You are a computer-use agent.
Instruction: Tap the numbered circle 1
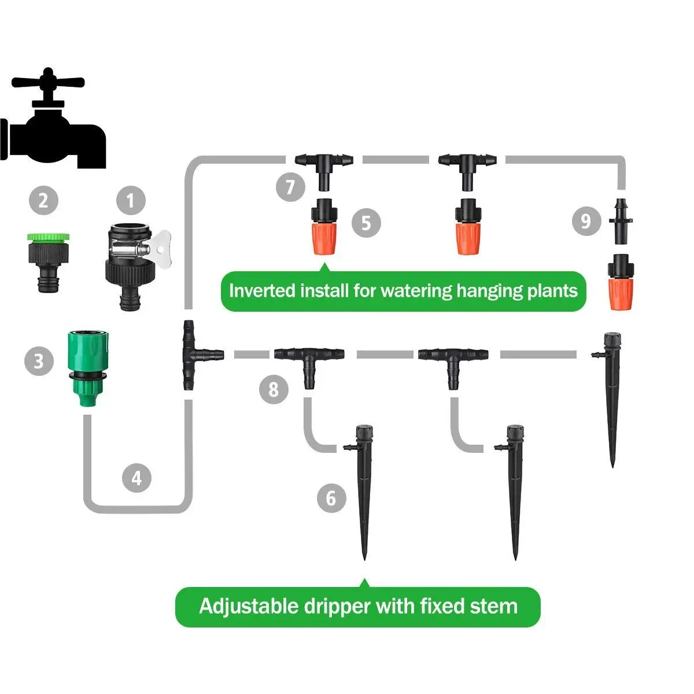tap(131, 201)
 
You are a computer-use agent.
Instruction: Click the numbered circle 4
tap(136, 478)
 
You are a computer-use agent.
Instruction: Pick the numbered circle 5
tap(366, 222)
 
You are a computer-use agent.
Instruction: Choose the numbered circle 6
tap(331, 497)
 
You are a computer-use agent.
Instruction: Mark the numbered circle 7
tap(290, 187)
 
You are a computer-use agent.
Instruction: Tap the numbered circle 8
tap(274, 389)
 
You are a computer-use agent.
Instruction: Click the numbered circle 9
tap(586, 221)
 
